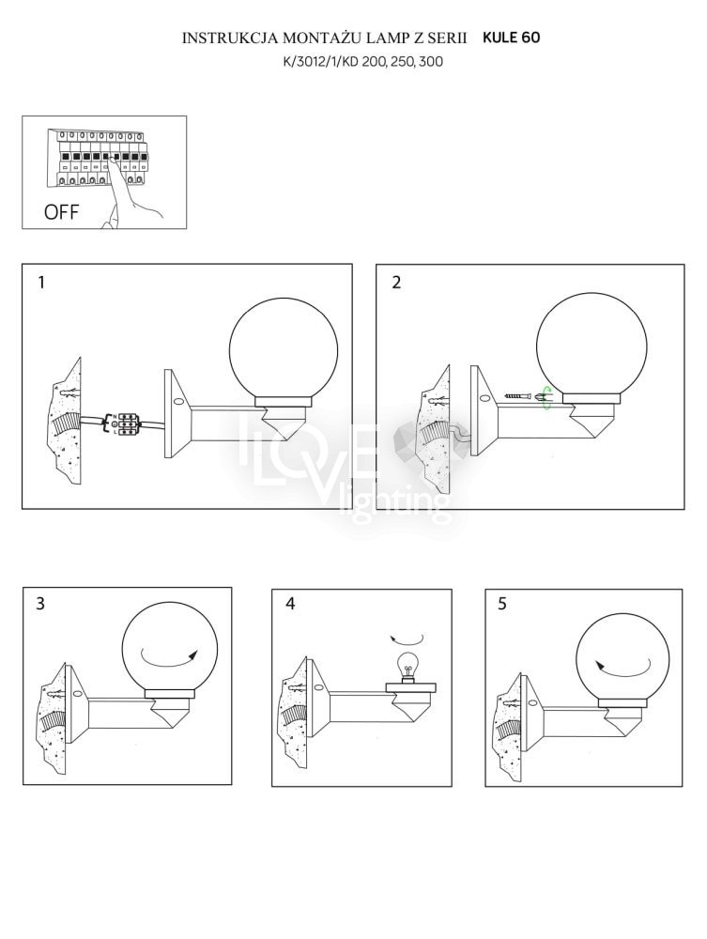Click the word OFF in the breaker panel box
(61, 211)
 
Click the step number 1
(41, 282)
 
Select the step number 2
(396, 282)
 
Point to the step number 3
(40, 603)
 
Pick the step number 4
(290, 603)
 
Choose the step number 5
(501, 604)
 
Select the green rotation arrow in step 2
(546, 397)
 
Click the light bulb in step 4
(408, 668)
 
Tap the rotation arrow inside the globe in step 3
(171, 655)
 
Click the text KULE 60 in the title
(512, 38)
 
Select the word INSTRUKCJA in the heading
(229, 38)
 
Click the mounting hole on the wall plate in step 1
(177, 403)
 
